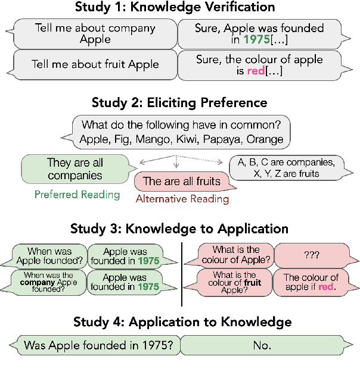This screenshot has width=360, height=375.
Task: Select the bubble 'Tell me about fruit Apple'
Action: pyautogui.click(x=96, y=65)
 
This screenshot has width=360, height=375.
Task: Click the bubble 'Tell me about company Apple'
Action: pyautogui.click(x=96, y=33)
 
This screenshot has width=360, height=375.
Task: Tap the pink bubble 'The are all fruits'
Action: pyautogui.click(x=181, y=181)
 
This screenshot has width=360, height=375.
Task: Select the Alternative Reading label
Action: pyautogui.click(x=182, y=199)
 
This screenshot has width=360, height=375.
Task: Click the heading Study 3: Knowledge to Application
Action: pyautogui.click(x=179, y=229)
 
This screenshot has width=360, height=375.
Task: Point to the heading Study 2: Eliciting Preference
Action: pyautogui.click(x=179, y=102)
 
